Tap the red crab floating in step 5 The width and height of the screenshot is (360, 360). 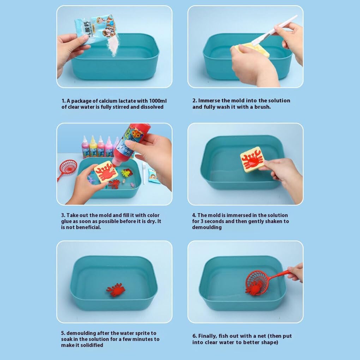click(x=116, y=290)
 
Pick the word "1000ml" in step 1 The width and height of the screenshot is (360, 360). click(x=158, y=101)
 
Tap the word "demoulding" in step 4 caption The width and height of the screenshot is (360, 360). click(x=207, y=227)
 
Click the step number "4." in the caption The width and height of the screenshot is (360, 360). click(x=194, y=215)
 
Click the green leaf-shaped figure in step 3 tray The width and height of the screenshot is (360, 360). click(x=125, y=173)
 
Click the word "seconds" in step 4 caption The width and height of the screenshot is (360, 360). click(x=214, y=221)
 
